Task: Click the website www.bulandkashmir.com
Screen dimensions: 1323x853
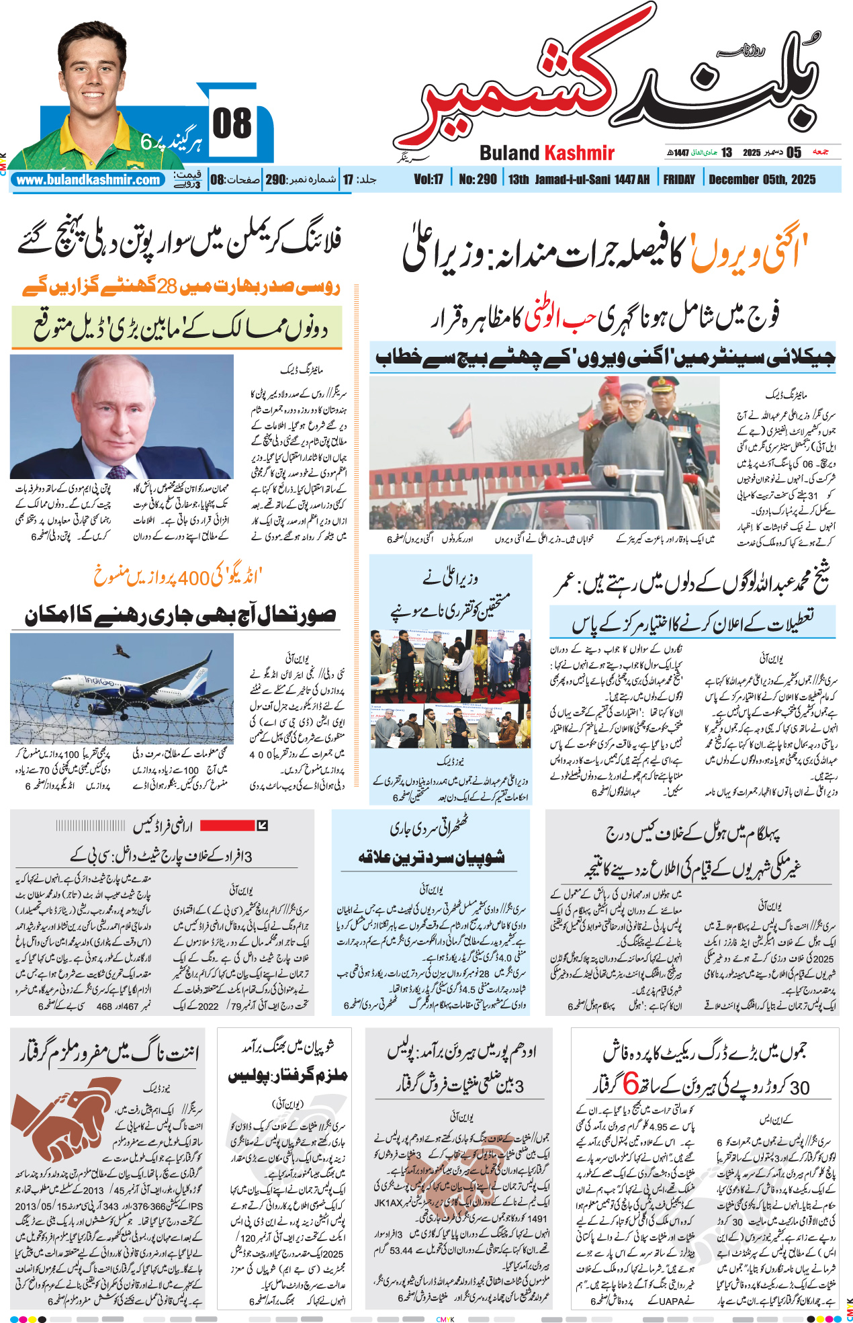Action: tap(88, 180)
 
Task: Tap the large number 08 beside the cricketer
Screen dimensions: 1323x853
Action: tap(232, 124)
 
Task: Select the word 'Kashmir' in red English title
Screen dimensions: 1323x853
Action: tap(579, 153)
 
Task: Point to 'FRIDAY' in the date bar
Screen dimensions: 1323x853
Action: tap(679, 179)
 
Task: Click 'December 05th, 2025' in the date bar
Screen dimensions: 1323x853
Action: tap(762, 179)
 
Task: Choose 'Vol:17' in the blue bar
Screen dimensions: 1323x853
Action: tap(429, 179)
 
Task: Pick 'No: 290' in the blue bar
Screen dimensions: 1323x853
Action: tap(478, 179)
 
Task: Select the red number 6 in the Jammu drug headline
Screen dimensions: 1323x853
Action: tap(630, 1084)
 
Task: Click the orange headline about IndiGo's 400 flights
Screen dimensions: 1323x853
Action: tap(177, 577)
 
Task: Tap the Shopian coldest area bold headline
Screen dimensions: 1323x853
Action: tap(431, 857)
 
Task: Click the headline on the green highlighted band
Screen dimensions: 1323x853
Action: tap(177, 327)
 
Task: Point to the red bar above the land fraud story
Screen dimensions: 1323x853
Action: tap(227, 825)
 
